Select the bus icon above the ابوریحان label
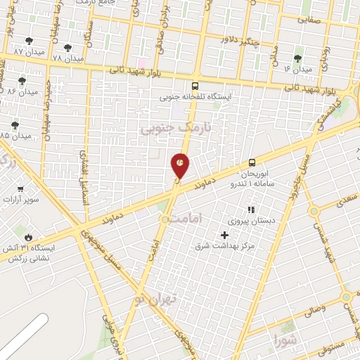252,162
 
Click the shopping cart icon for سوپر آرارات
20,188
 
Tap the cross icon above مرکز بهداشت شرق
225,235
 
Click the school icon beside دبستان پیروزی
250,210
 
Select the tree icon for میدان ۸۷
29,41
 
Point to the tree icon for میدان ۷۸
67,48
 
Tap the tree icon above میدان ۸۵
15,124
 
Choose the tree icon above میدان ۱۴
297,58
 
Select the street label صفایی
308,20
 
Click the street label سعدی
346,201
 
